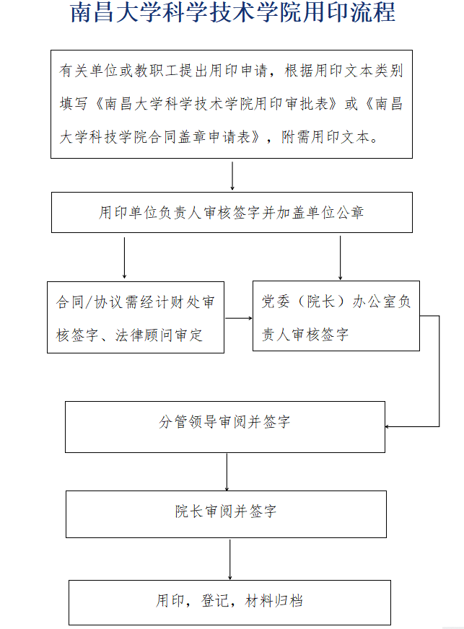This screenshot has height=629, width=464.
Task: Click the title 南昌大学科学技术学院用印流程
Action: click(x=233, y=12)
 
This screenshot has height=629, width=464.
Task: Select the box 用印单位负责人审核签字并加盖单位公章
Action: click(x=232, y=212)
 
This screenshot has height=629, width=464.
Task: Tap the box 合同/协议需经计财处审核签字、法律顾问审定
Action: click(x=136, y=317)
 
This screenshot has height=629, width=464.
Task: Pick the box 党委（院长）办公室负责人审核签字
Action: click(x=336, y=316)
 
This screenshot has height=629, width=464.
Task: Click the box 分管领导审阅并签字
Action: click(x=225, y=427)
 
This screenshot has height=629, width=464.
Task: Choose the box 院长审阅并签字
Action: click(x=227, y=514)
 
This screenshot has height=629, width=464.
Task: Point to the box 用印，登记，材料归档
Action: click(x=229, y=602)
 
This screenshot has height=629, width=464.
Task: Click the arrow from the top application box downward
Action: click(x=232, y=176)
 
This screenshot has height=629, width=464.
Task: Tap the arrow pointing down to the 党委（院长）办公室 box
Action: click(x=341, y=258)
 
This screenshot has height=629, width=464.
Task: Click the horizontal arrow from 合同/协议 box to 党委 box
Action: click(x=239, y=318)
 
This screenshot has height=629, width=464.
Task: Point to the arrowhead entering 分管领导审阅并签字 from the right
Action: click(x=388, y=426)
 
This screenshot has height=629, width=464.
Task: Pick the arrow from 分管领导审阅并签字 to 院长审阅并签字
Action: click(x=227, y=472)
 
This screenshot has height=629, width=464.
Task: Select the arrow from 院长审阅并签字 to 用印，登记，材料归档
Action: click(x=230, y=560)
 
